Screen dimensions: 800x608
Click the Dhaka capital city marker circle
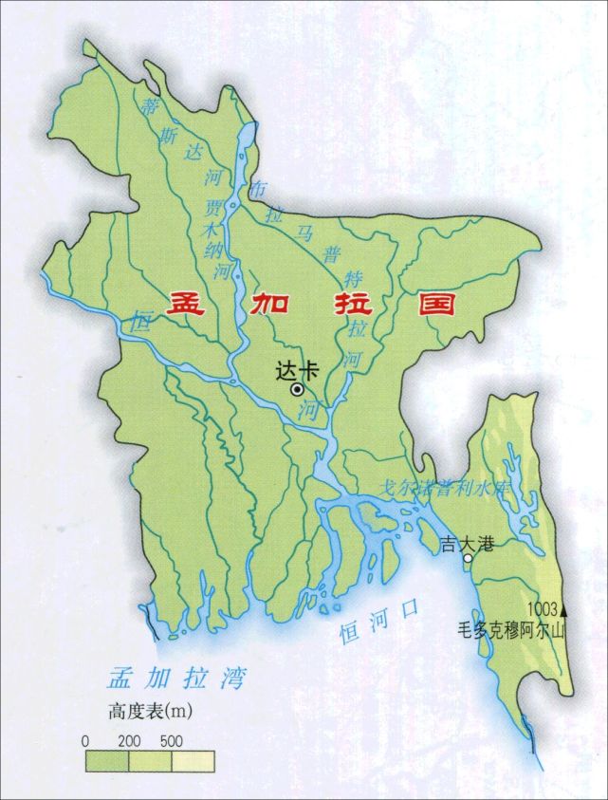pyautogui.click(x=298, y=389)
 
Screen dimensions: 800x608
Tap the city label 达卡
pyautogui.click(x=292, y=370)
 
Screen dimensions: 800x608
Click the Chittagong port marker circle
pyautogui.click(x=467, y=559)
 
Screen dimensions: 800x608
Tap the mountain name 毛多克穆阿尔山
pyautogui.click(x=510, y=629)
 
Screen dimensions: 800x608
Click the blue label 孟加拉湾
pyautogui.click(x=175, y=679)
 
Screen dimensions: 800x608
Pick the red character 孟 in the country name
pyautogui.click(x=186, y=305)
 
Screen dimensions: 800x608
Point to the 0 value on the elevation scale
pyautogui.click(x=86, y=739)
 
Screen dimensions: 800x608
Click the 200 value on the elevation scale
pyautogui.click(x=129, y=739)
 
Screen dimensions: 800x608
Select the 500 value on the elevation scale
pyautogui.click(x=172, y=739)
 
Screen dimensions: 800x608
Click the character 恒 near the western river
pyautogui.click(x=143, y=320)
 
